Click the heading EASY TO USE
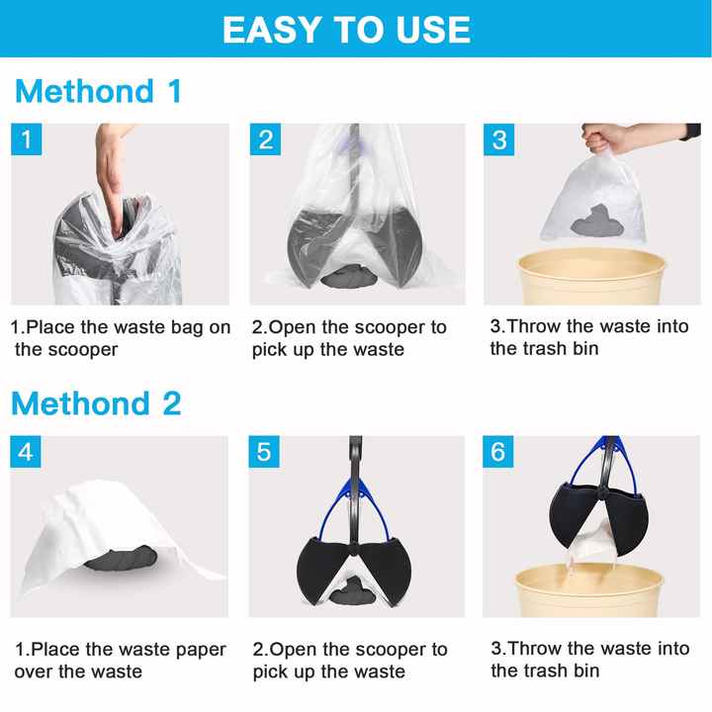pyautogui.click(x=345, y=29)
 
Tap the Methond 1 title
pyautogui.click(x=98, y=92)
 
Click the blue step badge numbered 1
pyautogui.click(x=27, y=139)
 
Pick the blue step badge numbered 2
pyautogui.click(x=265, y=139)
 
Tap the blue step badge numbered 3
pyautogui.click(x=500, y=139)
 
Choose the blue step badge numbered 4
pyautogui.click(x=27, y=452)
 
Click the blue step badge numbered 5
pyautogui.click(x=265, y=452)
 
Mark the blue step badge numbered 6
pyautogui.click(x=500, y=452)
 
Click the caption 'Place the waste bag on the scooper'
pyautogui.click(x=120, y=337)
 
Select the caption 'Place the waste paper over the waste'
pyautogui.click(x=120, y=661)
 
